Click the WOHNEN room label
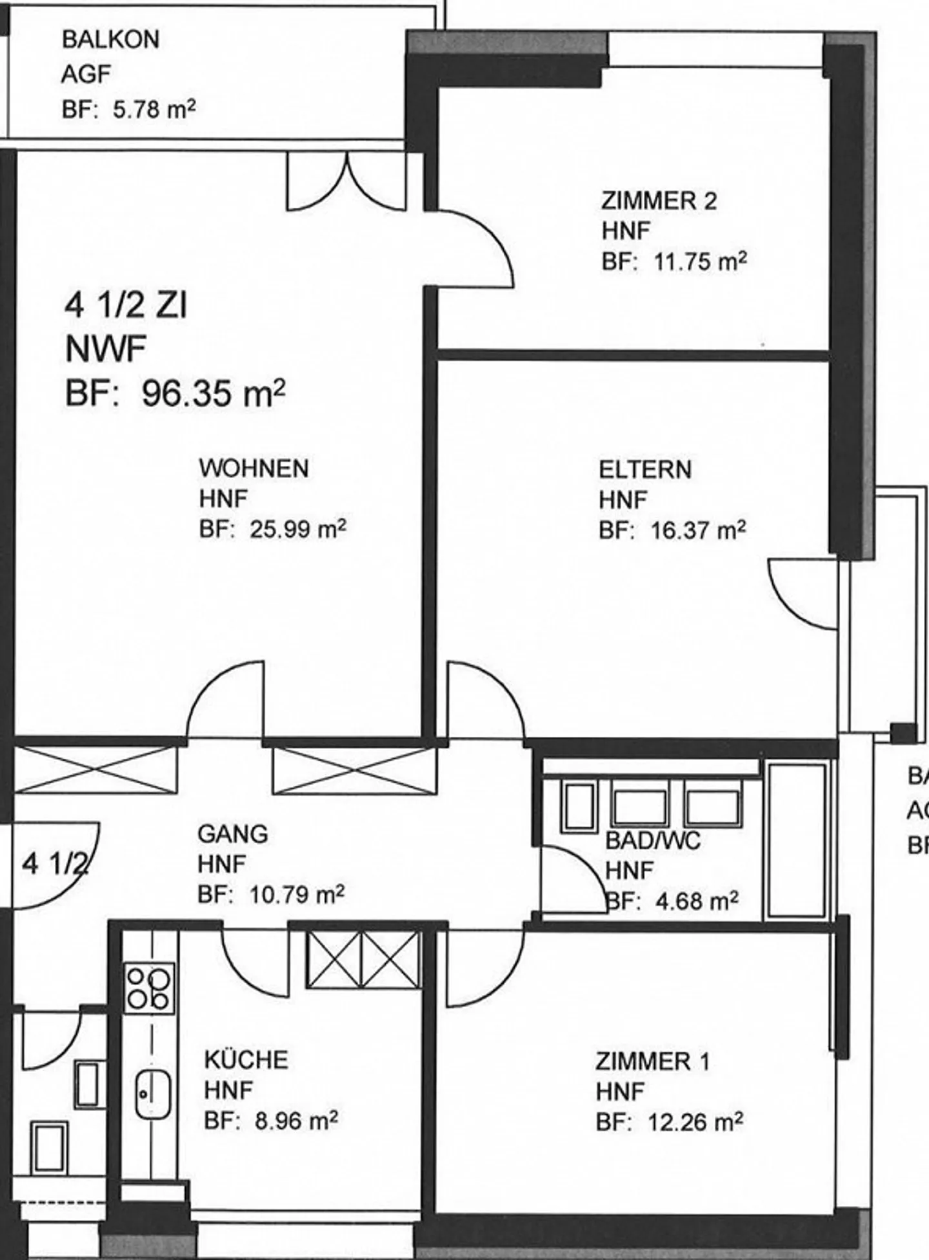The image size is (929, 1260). pyautogui.click(x=254, y=468)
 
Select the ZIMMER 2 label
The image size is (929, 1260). pyautogui.click(x=659, y=201)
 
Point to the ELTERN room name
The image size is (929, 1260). pyautogui.click(x=644, y=470)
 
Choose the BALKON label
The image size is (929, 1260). pyautogui.click(x=110, y=40)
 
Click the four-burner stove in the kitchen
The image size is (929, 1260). pyautogui.click(x=149, y=987)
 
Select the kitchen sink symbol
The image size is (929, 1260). pyautogui.click(x=152, y=1095)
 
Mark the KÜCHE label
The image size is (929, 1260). pyautogui.click(x=246, y=1060)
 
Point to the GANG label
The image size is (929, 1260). pyautogui.click(x=232, y=834)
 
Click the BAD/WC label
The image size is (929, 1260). pyautogui.click(x=653, y=841)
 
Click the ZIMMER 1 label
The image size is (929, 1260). pyautogui.click(x=652, y=1061)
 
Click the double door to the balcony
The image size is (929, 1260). pyautogui.click(x=346, y=182)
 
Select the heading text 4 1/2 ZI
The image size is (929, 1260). pyautogui.click(x=126, y=305)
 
